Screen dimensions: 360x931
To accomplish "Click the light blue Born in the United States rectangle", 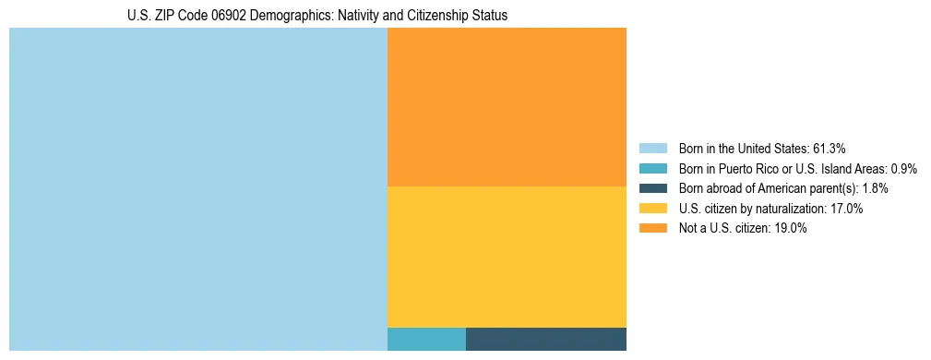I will pyautogui.click(x=198, y=189).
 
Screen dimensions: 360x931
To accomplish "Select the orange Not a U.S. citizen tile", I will pyautogui.click(x=507, y=107).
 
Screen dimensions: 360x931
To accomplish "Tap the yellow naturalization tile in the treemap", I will pyautogui.click(x=507, y=257).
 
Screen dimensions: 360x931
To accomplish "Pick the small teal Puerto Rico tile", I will pyautogui.click(x=426, y=339).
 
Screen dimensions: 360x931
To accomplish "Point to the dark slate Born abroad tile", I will pyautogui.click(x=545, y=339).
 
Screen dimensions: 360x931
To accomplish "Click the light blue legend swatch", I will pyautogui.click(x=652, y=149).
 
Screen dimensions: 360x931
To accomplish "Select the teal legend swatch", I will pyautogui.click(x=652, y=169).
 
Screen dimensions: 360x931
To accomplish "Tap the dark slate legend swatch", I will pyautogui.click(x=652, y=188).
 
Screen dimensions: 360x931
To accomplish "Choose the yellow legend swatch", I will pyautogui.click(x=652, y=209).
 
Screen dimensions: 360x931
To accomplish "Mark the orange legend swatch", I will pyautogui.click(x=652, y=229).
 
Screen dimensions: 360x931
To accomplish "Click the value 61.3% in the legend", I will pyautogui.click(x=828, y=149).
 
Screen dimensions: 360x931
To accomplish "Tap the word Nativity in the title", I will pyautogui.click(x=354, y=16).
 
